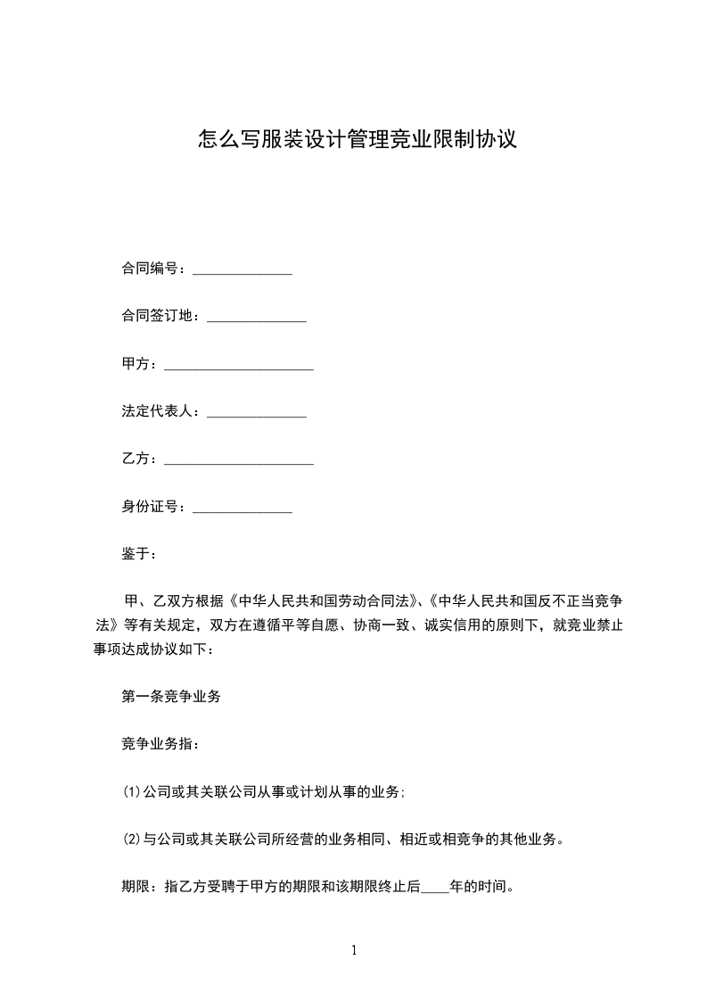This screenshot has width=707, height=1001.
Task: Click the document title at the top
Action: [x=357, y=140]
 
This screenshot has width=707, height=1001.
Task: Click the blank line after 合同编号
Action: [x=243, y=270]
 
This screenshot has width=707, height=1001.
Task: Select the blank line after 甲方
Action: [x=239, y=367]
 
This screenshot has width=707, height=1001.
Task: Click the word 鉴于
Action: [x=136, y=554]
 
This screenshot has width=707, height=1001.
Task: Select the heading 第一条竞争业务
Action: [x=171, y=697]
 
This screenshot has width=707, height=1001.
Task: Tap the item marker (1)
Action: [x=132, y=791]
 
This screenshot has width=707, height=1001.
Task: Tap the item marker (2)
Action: [x=132, y=840]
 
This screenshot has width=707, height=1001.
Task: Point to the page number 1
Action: [x=354, y=950]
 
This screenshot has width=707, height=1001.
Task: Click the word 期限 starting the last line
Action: [x=136, y=888]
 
